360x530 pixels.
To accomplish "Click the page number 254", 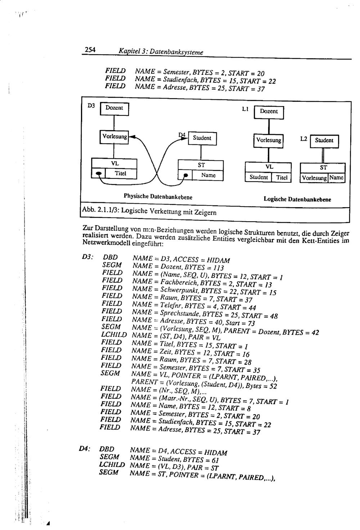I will [x=90, y=50].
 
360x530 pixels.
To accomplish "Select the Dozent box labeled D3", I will [x=114, y=108].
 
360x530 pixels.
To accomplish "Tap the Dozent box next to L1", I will [x=269, y=112].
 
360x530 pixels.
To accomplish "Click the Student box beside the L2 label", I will [x=324, y=141].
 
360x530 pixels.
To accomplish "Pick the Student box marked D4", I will [x=202, y=138].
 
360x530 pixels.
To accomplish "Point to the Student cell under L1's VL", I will [x=258, y=177].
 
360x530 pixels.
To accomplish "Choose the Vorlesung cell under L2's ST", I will [x=314, y=178].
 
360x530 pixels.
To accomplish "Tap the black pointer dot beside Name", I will [x=186, y=176].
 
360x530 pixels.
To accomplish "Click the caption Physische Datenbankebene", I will [x=158, y=197].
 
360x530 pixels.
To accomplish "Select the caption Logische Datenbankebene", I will [x=297, y=199].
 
